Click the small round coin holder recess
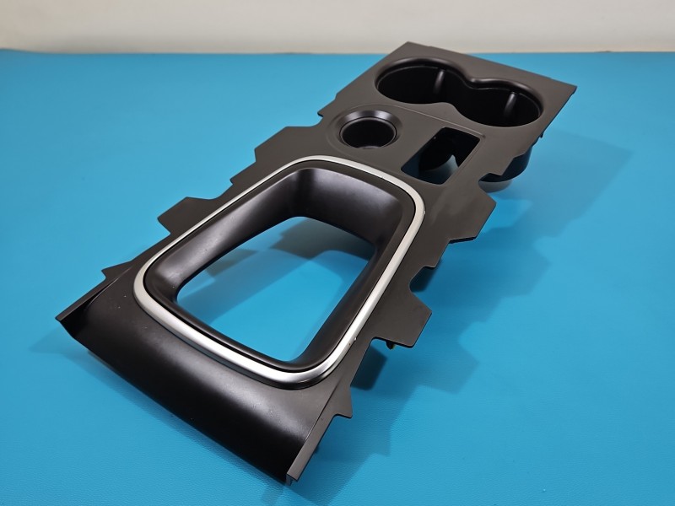(x=365, y=132)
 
